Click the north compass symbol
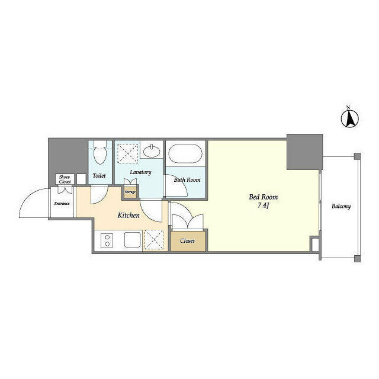coord(349,118)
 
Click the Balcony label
coord(341,207)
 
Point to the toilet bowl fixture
coord(99,155)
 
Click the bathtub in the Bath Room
coord(185,155)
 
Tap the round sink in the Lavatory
coord(153,150)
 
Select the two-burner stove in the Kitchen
coord(107,240)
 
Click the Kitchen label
coord(128,216)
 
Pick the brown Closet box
coord(187,240)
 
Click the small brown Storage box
coord(130,192)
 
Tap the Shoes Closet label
coord(64,179)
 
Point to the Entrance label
coord(62,204)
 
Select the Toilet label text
coord(99,175)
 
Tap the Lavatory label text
coord(140,173)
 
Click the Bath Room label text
coord(187,179)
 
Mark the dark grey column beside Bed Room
coord(304,151)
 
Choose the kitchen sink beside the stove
coord(133,240)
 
